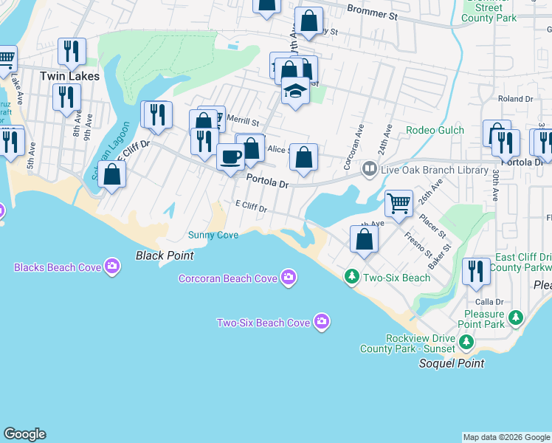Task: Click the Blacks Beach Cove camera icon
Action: pyautogui.click(x=112, y=266)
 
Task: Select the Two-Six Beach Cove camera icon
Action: pyautogui.click(x=321, y=322)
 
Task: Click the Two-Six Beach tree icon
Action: pyautogui.click(x=352, y=277)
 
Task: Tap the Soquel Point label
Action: pyautogui.click(x=452, y=363)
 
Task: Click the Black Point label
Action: pyautogui.click(x=165, y=255)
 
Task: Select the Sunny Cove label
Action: pyautogui.click(x=213, y=236)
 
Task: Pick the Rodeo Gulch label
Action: pyautogui.click(x=435, y=131)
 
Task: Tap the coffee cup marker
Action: pyautogui.click(x=231, y=157)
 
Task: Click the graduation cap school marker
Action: pyautogui.click(x=295, y=92)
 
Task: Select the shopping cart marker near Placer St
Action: pyautogui.click(x=399, y=203)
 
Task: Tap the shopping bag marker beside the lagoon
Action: pyautogui.click(x=112, y=175)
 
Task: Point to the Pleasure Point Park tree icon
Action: pyautogui.click(x=516, y=318)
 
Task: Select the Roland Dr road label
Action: pyautogui.click(x=515, y=98)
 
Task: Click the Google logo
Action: pyautogui.click(x=24, y=434)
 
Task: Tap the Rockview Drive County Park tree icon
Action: pyautogui.click(x=466, y=341)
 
